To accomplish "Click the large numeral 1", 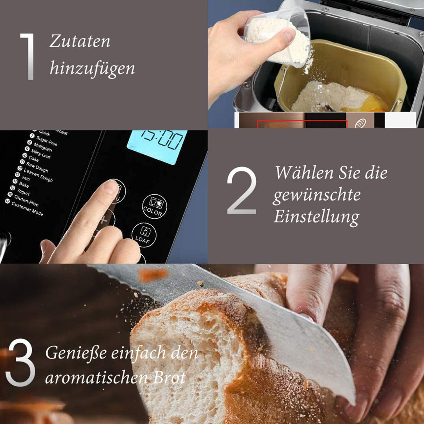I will coord(27,57).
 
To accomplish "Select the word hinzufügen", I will coord(92,69).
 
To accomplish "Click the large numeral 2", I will coord(241,191).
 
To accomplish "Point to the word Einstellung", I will coord(316,217).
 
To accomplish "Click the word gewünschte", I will coord(316,195).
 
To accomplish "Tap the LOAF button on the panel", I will coord(144,236).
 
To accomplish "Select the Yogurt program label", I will coord(23,191).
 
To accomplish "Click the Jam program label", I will coord(25,178).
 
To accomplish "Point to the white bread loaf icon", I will coord(360,123).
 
